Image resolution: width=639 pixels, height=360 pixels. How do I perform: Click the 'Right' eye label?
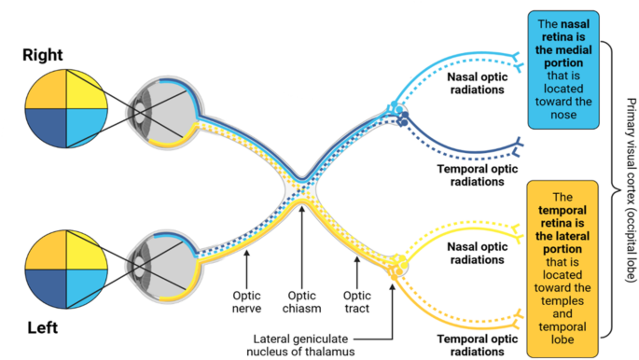44,57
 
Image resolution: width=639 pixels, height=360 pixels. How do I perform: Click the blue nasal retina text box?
564,70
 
